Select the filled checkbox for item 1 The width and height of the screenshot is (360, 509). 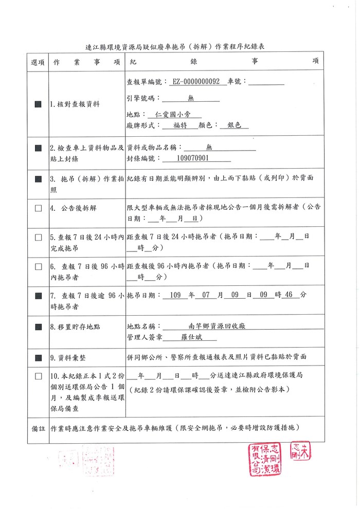point(38,104)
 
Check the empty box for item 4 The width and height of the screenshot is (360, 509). point(38,209)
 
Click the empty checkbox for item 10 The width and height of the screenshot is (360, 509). point(38,376)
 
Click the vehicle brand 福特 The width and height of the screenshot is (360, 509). point(180,125)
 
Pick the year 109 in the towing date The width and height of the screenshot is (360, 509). point(175,295)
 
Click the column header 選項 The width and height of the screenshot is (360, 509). point(38,62)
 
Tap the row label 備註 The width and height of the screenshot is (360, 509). point(38,428)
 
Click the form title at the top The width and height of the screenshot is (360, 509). point(179,46)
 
